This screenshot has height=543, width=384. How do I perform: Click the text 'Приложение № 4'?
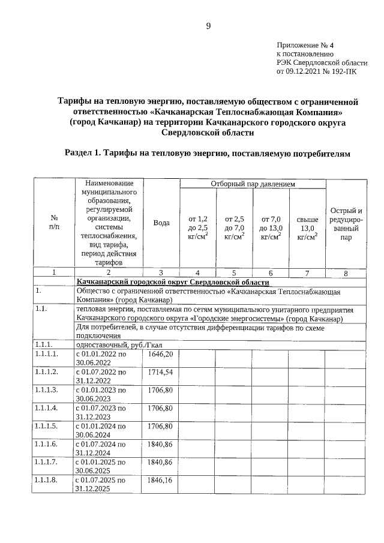308,45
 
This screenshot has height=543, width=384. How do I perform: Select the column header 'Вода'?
161,223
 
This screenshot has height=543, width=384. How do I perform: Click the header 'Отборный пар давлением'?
252,184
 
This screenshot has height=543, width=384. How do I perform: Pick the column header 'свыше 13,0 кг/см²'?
307,228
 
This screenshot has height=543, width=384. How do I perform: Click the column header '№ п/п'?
54,223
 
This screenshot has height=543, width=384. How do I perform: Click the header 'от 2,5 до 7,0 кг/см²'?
234,228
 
